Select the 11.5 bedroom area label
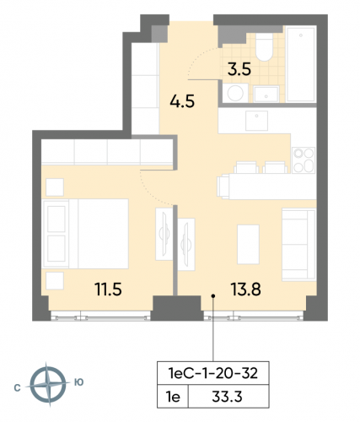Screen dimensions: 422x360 coord(108,290)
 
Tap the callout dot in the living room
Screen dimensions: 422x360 coord(213,295)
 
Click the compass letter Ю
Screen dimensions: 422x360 coord(78,383)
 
